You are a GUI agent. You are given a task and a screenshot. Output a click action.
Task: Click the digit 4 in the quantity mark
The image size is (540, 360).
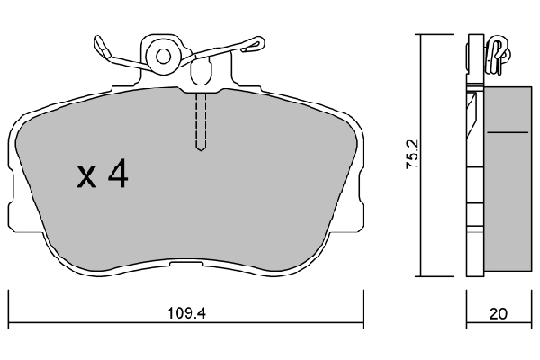[x=117, y=175]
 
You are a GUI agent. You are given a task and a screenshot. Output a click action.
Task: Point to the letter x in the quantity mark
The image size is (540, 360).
[x=87, y=178]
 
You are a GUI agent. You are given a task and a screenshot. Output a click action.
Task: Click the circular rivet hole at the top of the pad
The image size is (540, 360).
[x=164, y=56]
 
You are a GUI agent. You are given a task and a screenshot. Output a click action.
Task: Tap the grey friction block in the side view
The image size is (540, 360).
[x=508, y=180]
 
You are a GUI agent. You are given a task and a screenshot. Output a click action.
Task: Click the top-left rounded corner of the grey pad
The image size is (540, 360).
[x=27, y=119]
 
